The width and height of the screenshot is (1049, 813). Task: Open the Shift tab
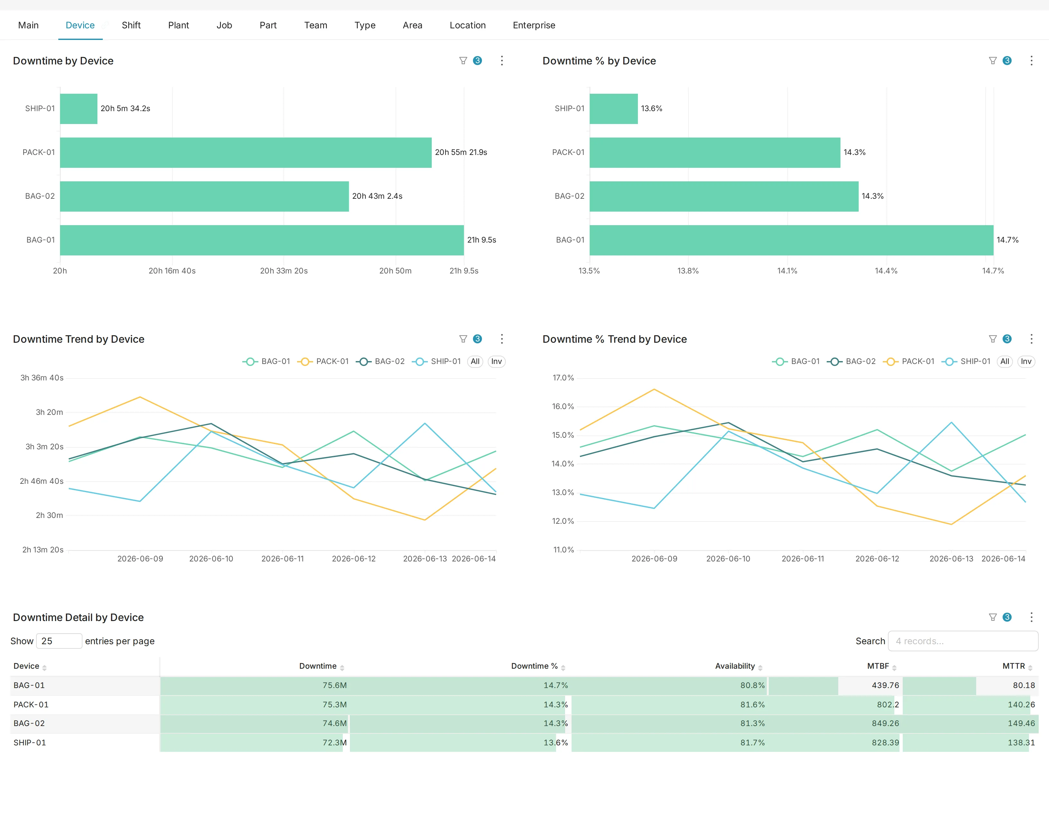pos(131,25)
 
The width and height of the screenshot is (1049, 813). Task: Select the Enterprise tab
pos(534,25)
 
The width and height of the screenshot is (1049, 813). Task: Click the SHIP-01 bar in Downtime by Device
pos(79,109)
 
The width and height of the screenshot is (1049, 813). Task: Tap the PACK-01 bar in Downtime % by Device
pos(715,152)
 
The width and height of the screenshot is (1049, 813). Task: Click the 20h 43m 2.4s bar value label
pos(377,196)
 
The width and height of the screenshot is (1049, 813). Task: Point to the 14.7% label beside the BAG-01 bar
pos(1007,240)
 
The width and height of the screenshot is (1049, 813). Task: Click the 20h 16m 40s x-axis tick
pos(172,271)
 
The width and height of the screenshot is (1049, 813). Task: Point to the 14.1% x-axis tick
pos(787,271)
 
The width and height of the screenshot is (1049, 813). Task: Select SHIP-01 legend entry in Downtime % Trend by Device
pos(967,361)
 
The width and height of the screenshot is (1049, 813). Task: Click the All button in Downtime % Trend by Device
pos(1004,361)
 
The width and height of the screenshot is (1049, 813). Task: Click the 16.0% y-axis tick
pos(563,406)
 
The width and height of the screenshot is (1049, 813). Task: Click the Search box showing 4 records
pos(963,641)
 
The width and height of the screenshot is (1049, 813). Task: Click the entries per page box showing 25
pos(59,641)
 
